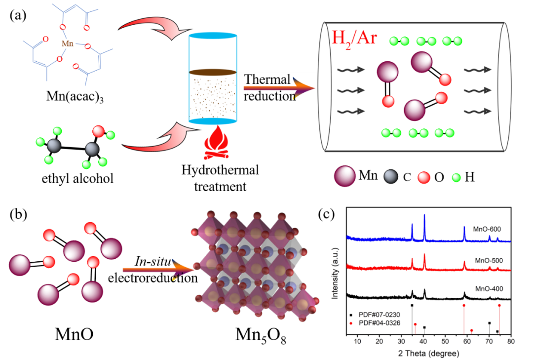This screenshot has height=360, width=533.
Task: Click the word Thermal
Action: pyautogui.click(x=267, y=80)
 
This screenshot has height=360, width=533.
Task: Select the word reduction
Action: pyautogui.click(x=269, y=96)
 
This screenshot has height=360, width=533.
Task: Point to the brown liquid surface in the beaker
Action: pyautogui.click(x=213, y=73)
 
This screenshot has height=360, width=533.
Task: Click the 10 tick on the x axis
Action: pyautogui.click(x=357, y=342)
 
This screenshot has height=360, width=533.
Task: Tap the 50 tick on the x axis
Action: pyautogui.click(x=445, y=342)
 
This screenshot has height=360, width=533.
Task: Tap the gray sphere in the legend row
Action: pyautogui.click(x=391, y=177)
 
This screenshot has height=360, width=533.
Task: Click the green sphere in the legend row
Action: pyautogui.click(x=457, y=177)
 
